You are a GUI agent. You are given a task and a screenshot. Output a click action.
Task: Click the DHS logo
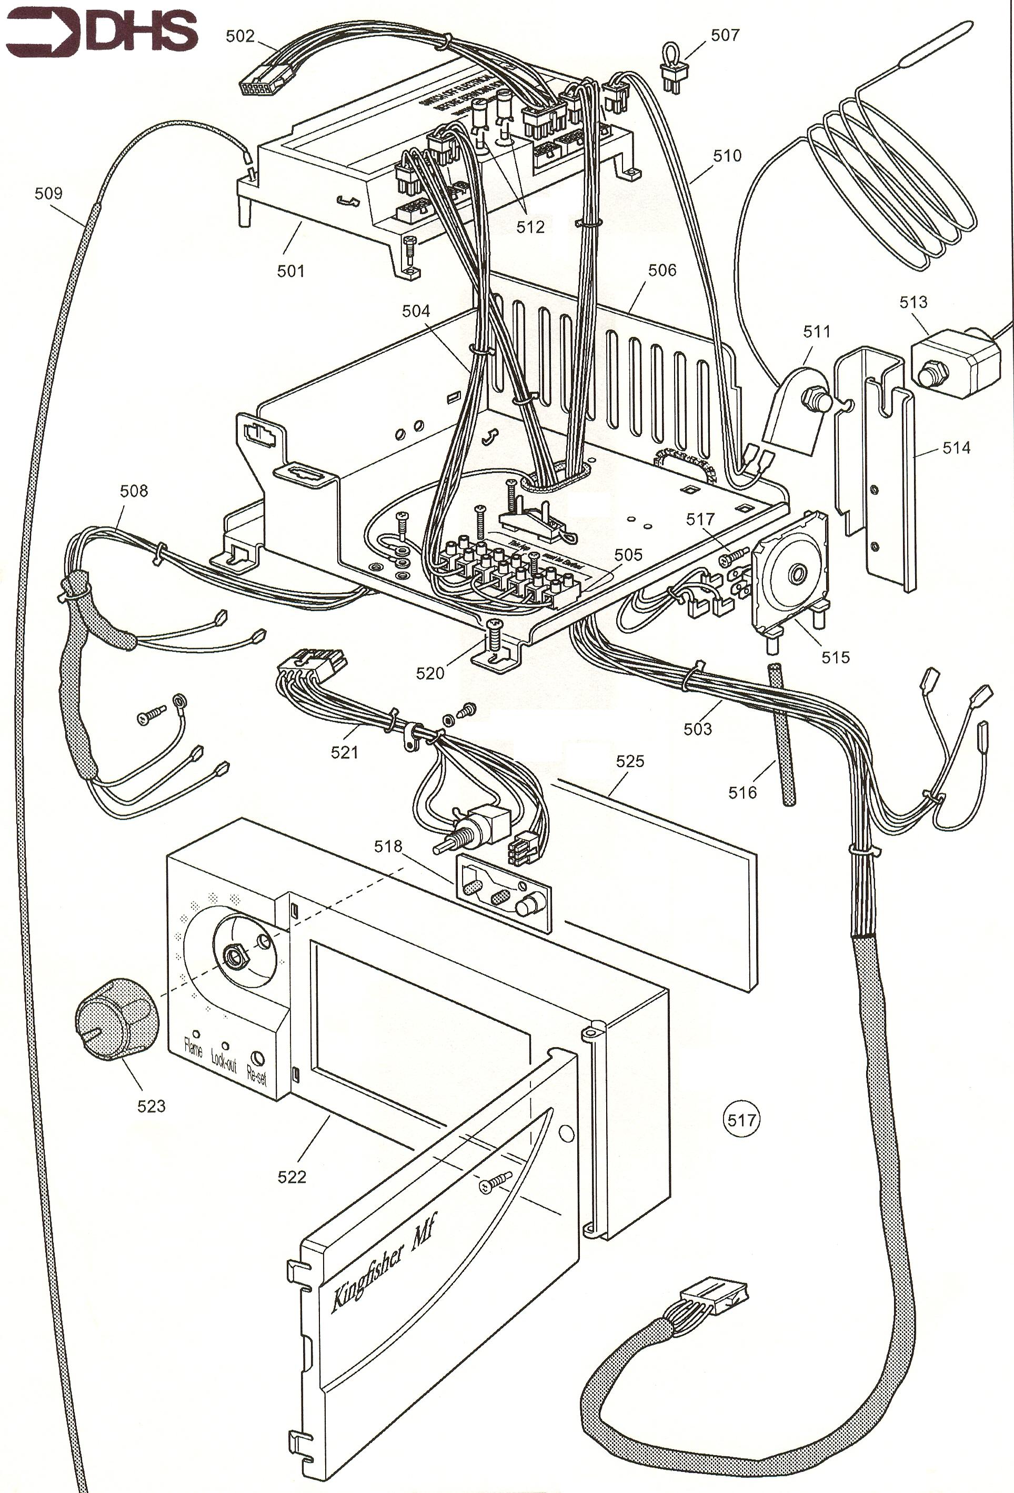tap(102, 33)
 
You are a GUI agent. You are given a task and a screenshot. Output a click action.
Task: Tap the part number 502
tap(239, 36)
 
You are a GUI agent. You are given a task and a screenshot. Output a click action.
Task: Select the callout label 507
tap(725, 35)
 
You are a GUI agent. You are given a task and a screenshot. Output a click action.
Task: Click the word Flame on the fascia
tap(193, 1049)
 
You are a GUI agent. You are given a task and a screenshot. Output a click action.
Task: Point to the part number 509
tap(48, 193)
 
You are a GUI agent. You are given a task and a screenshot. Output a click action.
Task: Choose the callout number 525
tap(629, 761)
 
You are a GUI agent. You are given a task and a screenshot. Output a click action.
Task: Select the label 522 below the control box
tap(292, 1177)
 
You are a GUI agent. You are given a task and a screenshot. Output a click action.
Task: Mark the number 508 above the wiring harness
tap(134, 491)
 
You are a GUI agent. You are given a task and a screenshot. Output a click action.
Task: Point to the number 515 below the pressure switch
tap(835, 657)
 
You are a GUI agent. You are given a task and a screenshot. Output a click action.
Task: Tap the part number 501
tap(290, 271)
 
